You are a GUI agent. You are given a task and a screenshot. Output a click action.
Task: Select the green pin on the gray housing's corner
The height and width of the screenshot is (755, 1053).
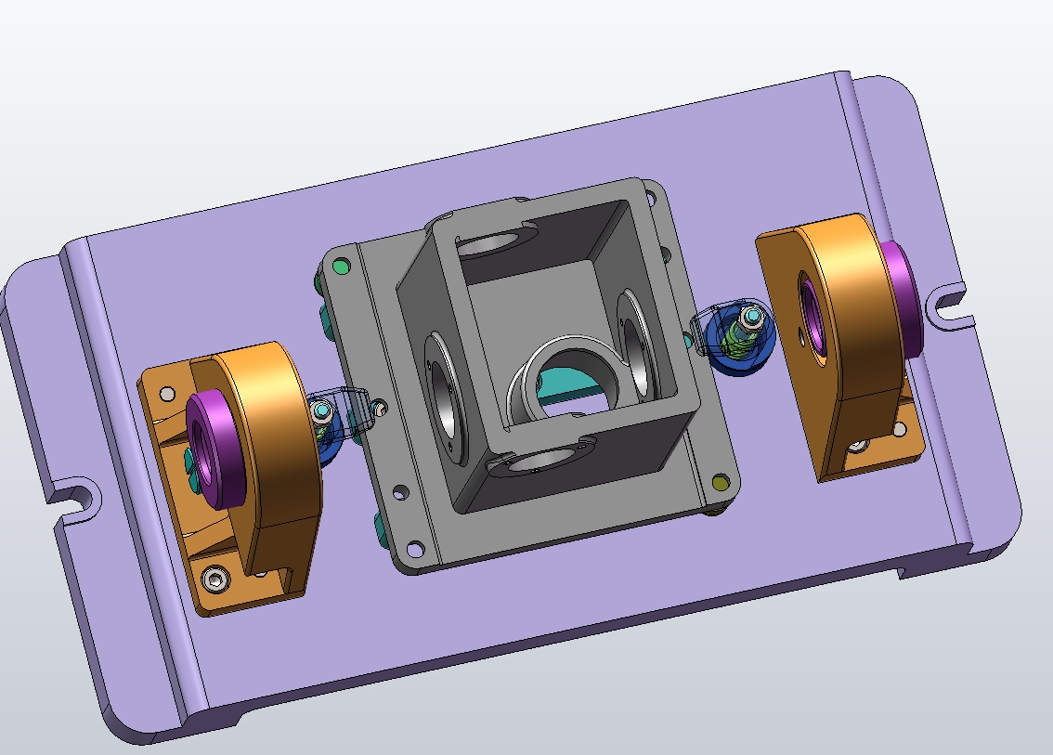click(341, 267)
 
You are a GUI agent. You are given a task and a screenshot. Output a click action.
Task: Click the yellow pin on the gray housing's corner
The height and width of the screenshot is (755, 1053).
click(721, 481)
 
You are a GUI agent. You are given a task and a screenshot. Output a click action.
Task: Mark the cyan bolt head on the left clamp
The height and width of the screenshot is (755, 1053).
click(321, 410)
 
